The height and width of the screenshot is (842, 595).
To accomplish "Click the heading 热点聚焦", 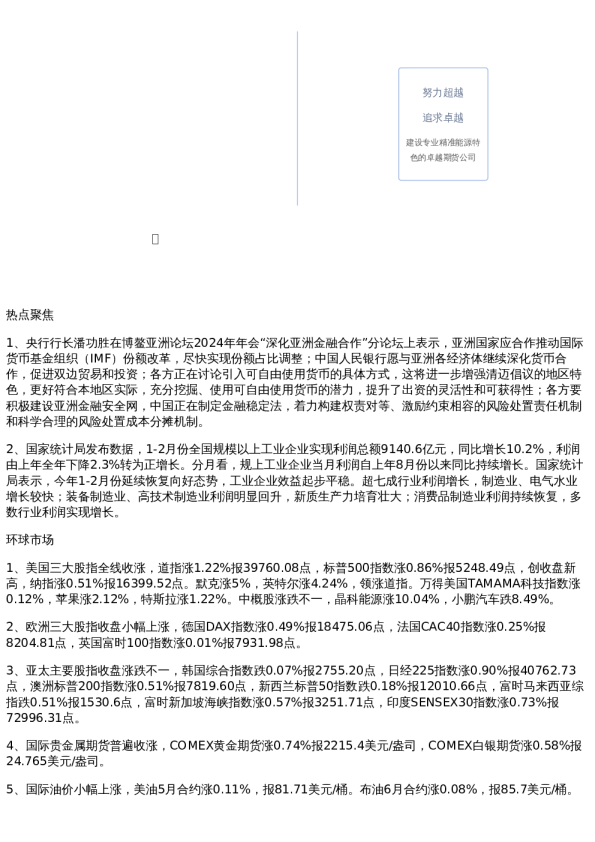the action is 30,315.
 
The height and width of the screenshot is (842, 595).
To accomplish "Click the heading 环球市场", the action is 30,540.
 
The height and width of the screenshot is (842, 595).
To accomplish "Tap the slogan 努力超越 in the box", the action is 442,93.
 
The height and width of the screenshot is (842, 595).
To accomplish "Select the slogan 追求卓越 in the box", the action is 442,118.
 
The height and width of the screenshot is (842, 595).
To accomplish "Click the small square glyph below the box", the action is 155,239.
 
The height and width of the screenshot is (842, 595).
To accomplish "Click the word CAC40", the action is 455,626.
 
